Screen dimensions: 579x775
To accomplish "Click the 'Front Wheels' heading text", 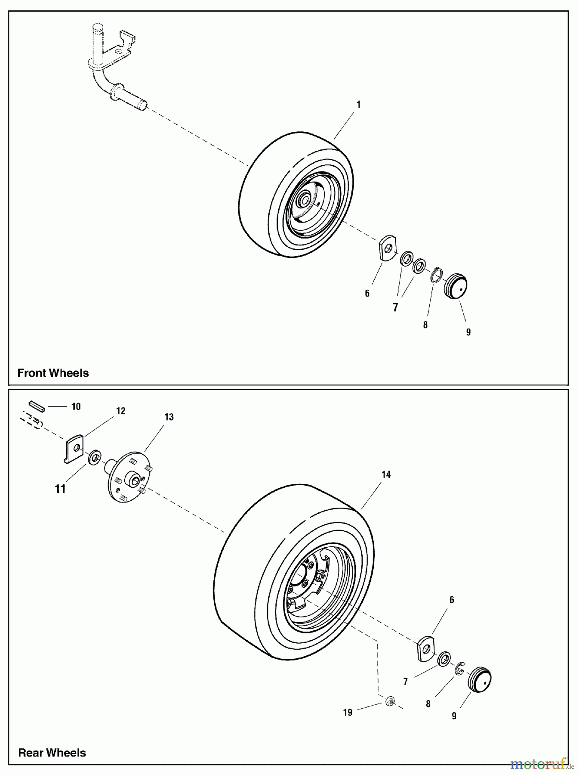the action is [53, 373].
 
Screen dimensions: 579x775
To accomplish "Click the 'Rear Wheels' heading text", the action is [52, 753].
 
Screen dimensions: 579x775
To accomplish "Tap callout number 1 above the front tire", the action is [358, 105].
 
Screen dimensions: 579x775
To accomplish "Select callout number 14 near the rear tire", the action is [386, 474].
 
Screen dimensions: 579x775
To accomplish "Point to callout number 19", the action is [348, 713].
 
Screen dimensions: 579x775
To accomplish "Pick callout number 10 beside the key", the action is [76, 406].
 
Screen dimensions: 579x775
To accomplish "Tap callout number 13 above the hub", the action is [169, 417].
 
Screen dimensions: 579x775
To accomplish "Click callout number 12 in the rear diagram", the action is [120, 411].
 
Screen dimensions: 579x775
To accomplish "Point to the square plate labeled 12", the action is [74, 449].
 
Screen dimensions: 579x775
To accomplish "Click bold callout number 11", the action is [60, 489].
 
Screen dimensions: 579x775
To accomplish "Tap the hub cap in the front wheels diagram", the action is [456, 285].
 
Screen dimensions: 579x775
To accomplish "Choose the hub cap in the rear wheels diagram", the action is [479, 680].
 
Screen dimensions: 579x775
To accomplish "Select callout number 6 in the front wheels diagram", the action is [367, 293].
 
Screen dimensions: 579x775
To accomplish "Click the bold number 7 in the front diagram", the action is [395, 307].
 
